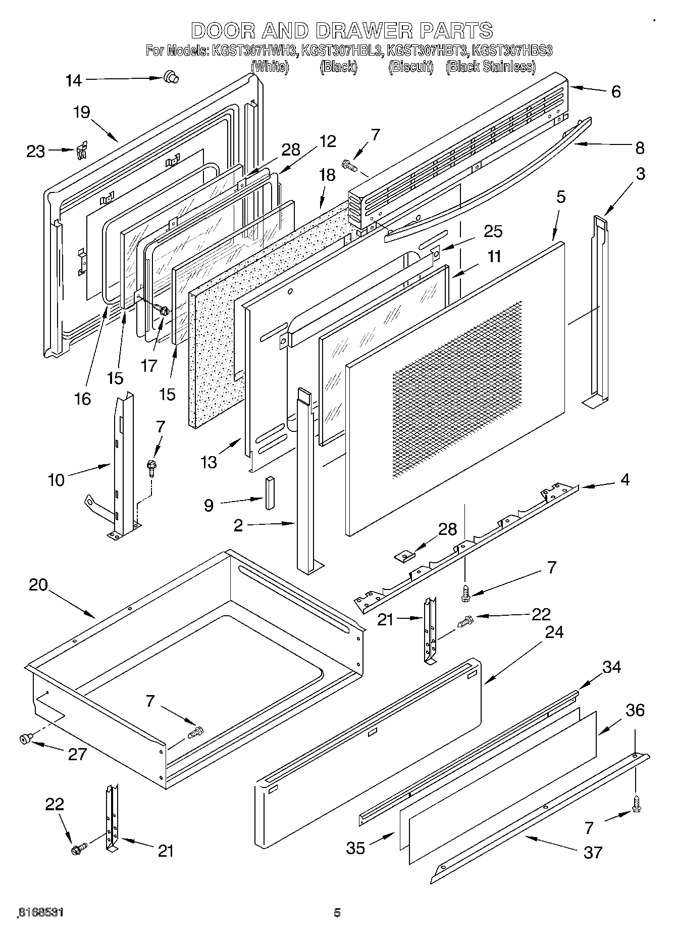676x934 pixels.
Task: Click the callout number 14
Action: tap(74, 80)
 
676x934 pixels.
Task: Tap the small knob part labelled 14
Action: tap(171, 77)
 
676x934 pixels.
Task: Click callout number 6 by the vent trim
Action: tap(615, 91)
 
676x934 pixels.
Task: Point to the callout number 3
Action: tap(640, 174)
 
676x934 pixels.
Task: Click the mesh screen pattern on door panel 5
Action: tap(457, 389)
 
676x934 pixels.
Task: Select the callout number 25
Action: tap(493, 231)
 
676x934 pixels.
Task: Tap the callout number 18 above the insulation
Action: tap(327, 175)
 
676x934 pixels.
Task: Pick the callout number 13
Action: tap(209, 461)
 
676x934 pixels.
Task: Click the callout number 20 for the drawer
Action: tap(38, 585)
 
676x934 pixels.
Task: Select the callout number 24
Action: tap(554, 632)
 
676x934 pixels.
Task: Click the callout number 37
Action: tap(593, 852)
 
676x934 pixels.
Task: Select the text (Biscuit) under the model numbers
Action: tap(410, 67)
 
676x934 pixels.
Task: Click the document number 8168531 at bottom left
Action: tap(40, 913)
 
